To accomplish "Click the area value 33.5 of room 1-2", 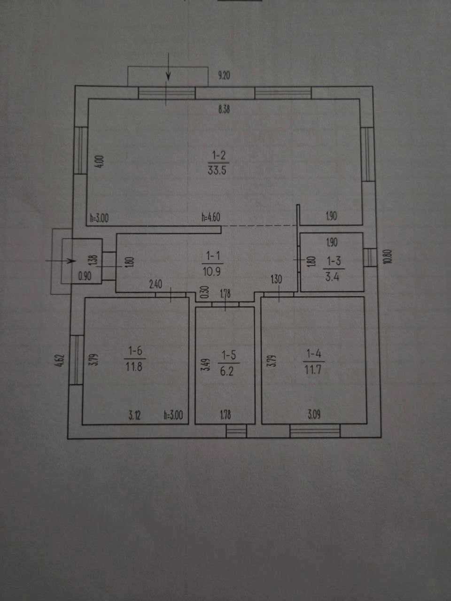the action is coord(217,170).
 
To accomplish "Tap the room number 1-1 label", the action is coord(212,256).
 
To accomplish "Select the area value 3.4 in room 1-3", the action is coord(332,277).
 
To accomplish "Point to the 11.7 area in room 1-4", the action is coord(313,370).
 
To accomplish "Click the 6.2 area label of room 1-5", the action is coord(227,371).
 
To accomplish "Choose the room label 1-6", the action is coord(135,351).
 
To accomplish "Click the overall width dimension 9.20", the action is coord(224,75).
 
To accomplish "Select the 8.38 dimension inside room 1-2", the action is coord(224,109).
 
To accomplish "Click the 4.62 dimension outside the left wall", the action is coord(61,361).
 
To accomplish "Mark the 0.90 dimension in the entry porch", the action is coord(85,276).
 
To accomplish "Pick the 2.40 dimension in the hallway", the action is coord(156,285).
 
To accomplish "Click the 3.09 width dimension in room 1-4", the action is coord(314,415).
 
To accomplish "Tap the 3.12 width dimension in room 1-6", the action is coord(135,416).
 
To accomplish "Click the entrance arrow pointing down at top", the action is coord(168,67).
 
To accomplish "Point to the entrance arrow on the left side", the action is coord(61,261).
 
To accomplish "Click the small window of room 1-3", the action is coord(370,257).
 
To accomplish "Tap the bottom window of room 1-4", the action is coord(315,431).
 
